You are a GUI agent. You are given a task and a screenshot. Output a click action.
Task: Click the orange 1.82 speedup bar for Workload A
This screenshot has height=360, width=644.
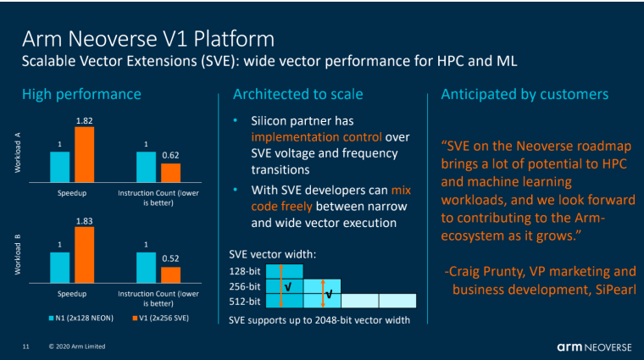click(84, 154)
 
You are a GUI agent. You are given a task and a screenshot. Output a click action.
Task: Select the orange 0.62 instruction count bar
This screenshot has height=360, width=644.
click(170, 173)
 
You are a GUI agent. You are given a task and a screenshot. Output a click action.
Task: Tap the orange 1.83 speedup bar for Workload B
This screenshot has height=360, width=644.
click(84, 255)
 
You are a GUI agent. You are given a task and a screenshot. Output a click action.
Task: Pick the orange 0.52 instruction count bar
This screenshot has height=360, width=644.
click(170, 275)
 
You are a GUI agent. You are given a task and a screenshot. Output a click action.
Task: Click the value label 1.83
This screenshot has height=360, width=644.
click(84, 221)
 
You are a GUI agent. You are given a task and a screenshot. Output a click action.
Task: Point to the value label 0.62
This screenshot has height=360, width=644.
click(170, 155)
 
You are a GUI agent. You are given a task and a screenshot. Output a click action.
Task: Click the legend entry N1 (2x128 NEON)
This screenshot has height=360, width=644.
click(80, 318)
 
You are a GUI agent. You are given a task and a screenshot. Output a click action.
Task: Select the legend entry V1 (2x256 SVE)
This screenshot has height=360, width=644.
click(161, 318)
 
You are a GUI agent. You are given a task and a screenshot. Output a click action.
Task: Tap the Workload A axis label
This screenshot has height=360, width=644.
click(18, 152)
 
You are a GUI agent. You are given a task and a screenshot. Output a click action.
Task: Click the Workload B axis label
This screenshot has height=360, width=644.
click(18, 254)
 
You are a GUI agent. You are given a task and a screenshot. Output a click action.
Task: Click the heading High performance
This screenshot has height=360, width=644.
click(81, 94)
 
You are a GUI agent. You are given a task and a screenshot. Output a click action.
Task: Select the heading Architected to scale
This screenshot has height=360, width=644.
click(297, 94)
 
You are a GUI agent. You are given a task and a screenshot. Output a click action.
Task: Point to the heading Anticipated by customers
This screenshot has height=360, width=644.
click(525, 94)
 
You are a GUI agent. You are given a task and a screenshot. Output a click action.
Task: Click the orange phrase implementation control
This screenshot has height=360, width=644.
click(316, 137)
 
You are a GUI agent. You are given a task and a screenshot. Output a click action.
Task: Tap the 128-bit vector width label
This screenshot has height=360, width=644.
click(245, 271)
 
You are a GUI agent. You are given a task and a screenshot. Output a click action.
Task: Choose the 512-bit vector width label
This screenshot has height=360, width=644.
click(245, 302)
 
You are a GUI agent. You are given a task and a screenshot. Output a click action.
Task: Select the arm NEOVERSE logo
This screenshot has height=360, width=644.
click(594, 347)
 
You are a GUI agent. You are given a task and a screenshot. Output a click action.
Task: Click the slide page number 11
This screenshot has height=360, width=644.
click(26, 346)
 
